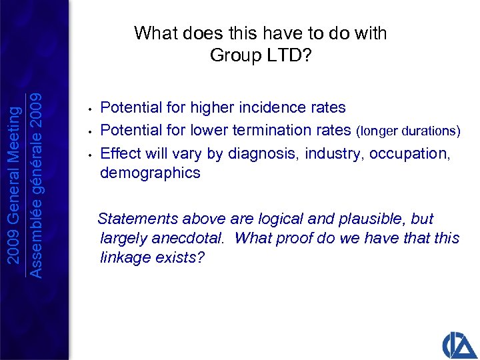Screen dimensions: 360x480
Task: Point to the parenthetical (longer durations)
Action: [409, 131]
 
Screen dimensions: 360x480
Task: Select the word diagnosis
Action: [264, 153]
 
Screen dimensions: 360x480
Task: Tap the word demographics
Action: [149, 173]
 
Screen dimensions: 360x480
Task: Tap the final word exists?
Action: [180, 257]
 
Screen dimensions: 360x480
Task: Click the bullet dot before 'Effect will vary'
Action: [89, 154]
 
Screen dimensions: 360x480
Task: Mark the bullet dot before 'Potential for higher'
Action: [89, 108]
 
